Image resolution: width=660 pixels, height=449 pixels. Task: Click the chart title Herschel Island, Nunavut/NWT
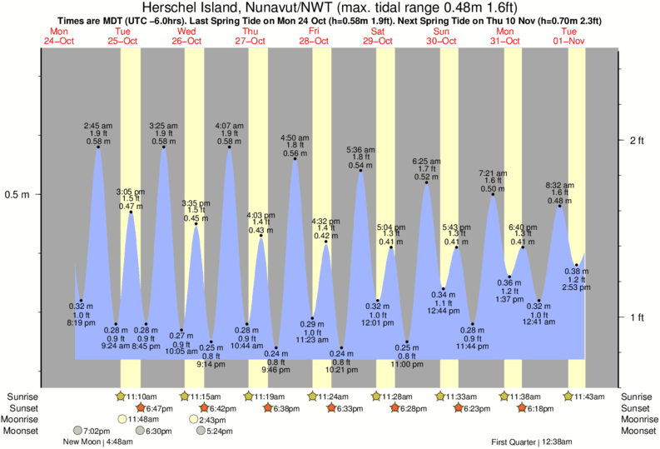[x=241, y=8]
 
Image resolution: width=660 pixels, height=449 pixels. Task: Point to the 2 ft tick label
[x=637, y=140]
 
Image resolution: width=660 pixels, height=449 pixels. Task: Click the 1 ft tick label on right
[x=637, y=317]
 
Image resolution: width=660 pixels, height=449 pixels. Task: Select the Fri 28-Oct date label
[x=314, y=36]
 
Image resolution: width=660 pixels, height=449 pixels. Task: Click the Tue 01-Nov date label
[x=570, y=36]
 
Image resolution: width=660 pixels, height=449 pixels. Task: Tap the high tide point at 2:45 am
[x=98, y=147]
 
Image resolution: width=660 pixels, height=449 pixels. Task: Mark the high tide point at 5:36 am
[x=360, y=170]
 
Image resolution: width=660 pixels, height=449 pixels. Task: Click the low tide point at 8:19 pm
[x=81, y=301]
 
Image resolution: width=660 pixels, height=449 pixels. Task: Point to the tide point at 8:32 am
[x=560, y=205]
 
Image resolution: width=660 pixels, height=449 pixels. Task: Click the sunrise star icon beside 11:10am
[x=122, y=397]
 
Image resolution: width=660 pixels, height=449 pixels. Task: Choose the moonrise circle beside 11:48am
[x=122, y=420]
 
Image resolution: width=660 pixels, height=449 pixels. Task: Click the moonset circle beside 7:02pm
[x=77, y=432]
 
